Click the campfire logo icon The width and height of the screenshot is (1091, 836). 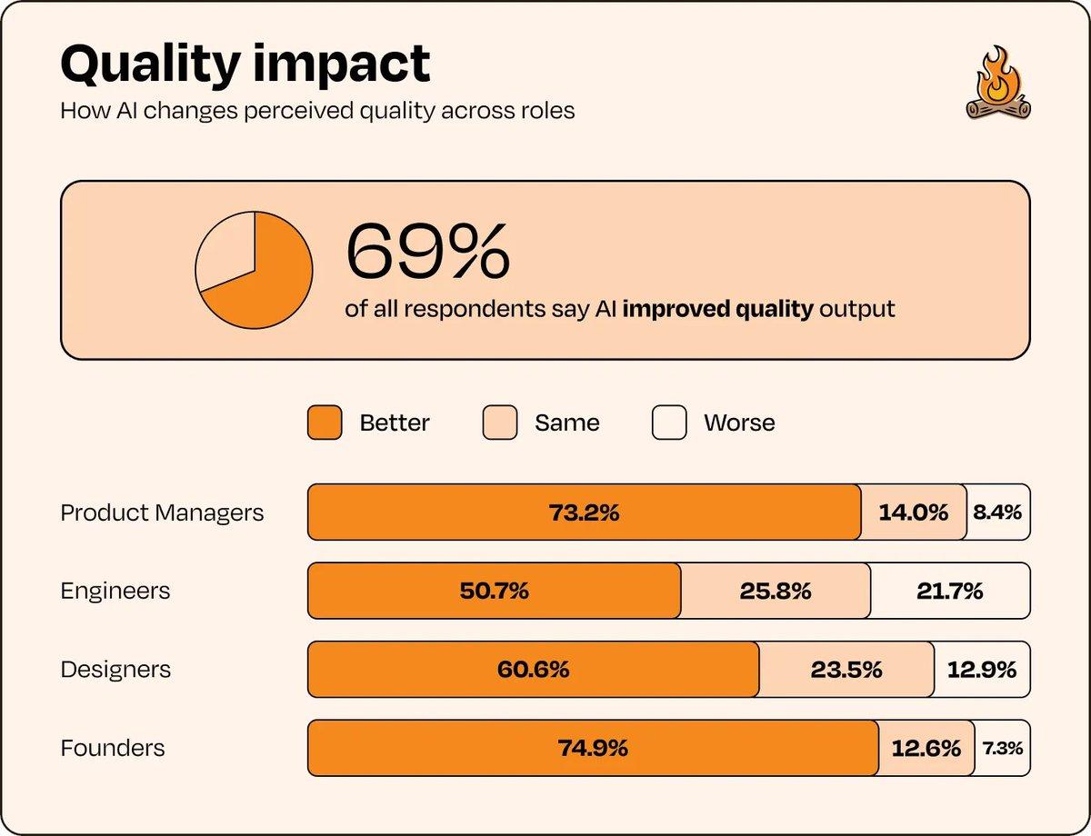tap(998, 85)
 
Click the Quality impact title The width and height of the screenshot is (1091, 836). tap(245, 64)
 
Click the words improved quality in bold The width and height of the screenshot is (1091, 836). tap(717, 308)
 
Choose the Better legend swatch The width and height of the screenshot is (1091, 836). tap(325, 423)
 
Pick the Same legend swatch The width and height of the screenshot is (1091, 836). tap(500, 423)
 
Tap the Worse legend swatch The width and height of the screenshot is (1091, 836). tap(669, 423)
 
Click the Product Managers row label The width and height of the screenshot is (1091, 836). tap(162, 513)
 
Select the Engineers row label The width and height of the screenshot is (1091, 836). tap(115, 591)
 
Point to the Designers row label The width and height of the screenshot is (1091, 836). tap(115, 670)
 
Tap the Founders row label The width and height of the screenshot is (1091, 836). tap(113, 748)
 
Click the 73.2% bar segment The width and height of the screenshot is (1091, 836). tap(584, 513)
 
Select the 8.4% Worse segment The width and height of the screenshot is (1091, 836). tap(997, 513)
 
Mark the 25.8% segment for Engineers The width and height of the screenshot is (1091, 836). tap(775, 591)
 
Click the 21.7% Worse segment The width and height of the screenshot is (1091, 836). tap(950, 591)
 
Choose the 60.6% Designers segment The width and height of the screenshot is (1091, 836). tap(533, 670)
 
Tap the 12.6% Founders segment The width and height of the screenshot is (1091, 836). tap(926, 748)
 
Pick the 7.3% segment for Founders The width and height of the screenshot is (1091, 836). tap(1002, 748)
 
